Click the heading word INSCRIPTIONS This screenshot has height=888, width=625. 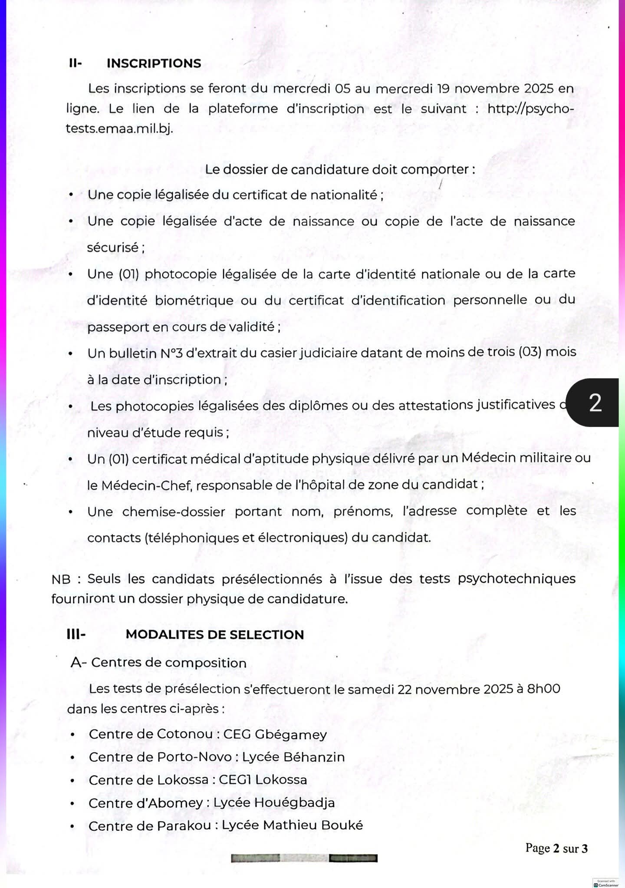154,63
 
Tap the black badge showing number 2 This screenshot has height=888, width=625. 595,403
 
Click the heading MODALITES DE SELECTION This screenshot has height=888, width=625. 214,634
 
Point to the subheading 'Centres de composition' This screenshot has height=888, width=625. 168,663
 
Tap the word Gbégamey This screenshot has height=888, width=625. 290,734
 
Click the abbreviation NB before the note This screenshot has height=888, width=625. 61,579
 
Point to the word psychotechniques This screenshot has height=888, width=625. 516,579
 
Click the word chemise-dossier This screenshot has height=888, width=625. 173,512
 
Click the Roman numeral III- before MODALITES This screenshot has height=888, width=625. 76,634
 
